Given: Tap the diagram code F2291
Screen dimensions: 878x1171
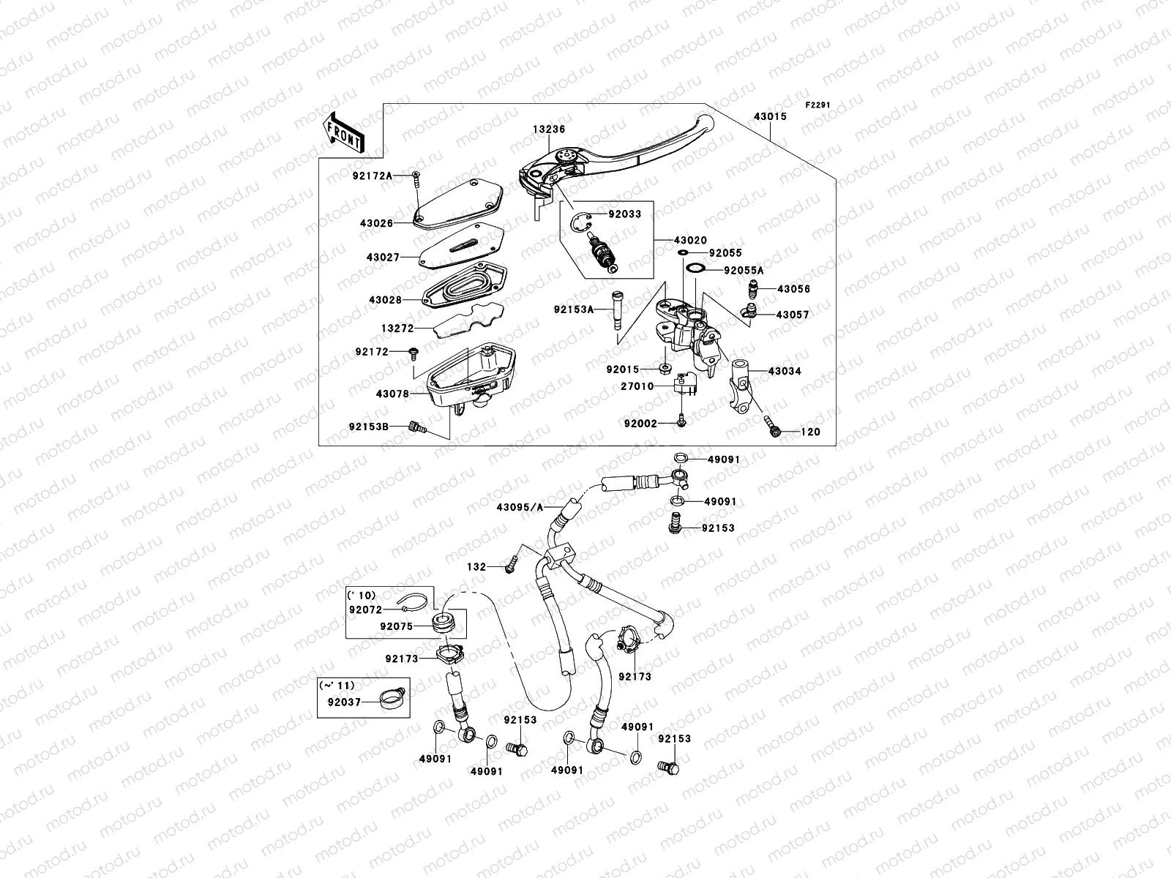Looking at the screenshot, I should coord(818,105).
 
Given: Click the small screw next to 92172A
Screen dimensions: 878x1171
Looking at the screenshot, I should coord(416,176).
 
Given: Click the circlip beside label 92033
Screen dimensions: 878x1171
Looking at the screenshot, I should coord(583,222).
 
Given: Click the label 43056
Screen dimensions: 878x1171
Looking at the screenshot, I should coord(793,289).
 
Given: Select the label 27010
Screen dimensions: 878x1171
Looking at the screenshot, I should coord(637,386).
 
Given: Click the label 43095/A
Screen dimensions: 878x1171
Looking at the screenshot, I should coord(520,507).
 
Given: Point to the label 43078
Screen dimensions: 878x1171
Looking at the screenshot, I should coord(392,394).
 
